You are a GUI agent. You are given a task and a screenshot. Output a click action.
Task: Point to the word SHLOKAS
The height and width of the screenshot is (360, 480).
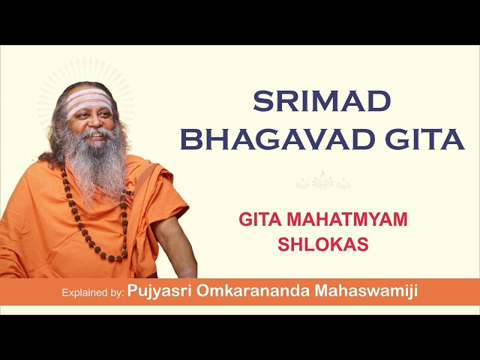pyautogui.click(x=323, y=244)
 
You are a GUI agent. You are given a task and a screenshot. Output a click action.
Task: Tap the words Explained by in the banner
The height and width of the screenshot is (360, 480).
pyautogui.click(x=93, y=292)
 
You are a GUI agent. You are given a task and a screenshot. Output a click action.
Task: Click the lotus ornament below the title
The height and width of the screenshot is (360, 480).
pyautogui.click(x=323, y=181)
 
